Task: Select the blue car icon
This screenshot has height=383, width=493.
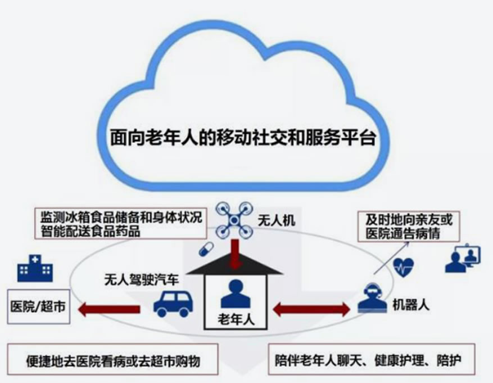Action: (173, 304)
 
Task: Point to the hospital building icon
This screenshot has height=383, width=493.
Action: (35, 268)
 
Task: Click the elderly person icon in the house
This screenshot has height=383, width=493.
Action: (235, 295)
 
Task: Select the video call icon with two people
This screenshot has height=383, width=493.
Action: (462, 259)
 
